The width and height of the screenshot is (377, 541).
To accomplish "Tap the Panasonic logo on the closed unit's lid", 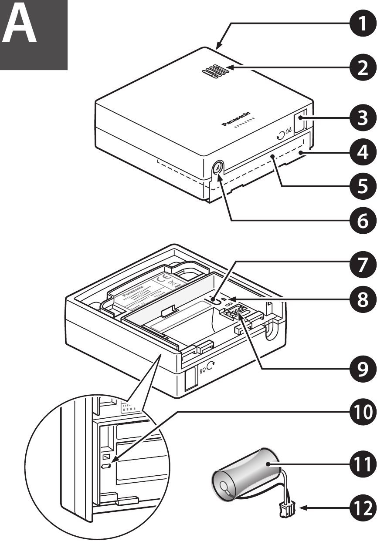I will coord(236,118).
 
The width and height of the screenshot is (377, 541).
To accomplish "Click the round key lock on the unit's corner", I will coord(218,167).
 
